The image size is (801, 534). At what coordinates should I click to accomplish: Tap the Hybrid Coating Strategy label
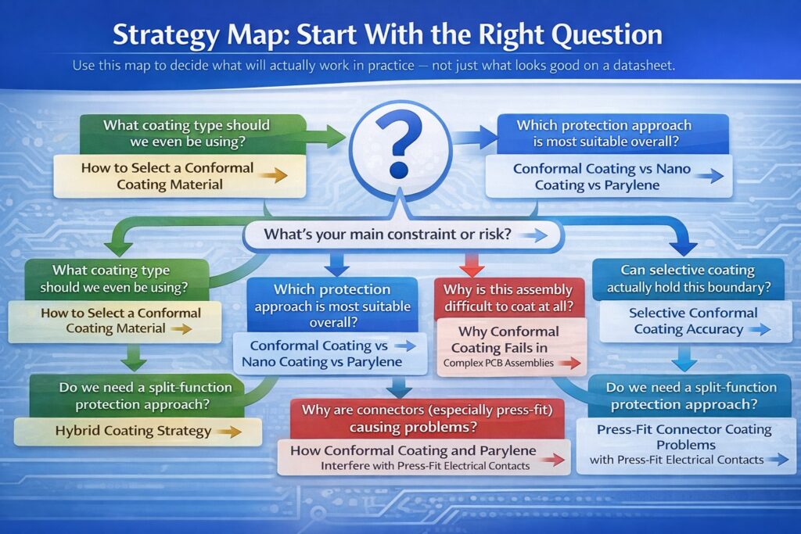(x=134, y=430)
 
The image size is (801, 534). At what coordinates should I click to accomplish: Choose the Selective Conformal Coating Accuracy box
(x=685, y=321)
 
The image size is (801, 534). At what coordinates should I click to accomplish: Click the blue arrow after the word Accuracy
(x=757, y=330)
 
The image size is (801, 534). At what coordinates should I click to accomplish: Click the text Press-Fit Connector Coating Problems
(x=684, y=436)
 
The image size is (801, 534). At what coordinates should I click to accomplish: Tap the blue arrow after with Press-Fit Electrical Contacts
(x=778, y=460)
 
